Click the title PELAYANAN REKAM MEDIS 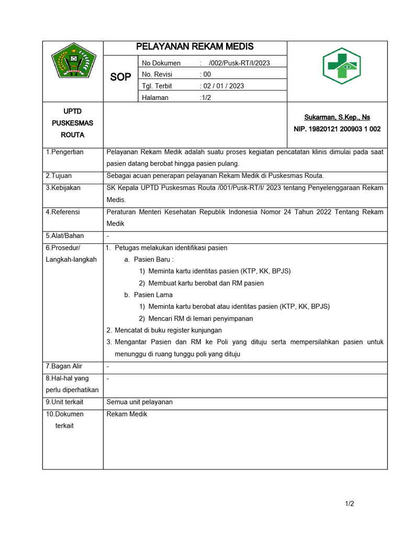coord(195,47)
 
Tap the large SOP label coord(120,77)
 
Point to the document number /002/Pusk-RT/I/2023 coord(239,63)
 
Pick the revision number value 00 coord(207,74)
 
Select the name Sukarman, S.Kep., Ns coord(337,117)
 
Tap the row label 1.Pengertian coord(64,152)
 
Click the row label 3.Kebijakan coord(63,187)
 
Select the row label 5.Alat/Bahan coord(64,236)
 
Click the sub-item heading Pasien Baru coord(153,259)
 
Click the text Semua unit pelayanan coord(139,402)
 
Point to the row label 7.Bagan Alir coord(64,366)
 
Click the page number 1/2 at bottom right coord(350,504)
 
